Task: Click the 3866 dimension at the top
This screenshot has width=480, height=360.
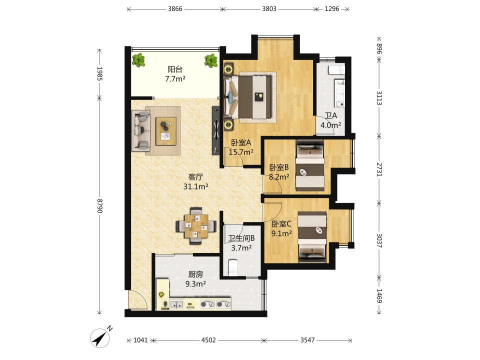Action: (175, 9)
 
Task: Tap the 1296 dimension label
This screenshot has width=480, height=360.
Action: (332, 9)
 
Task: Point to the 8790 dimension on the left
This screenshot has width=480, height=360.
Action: (99, 206)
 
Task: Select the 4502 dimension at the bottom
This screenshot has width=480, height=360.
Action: (208, 340)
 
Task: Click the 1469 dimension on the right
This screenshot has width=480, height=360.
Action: (379, 295)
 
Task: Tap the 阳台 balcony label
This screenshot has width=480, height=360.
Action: (175, 69)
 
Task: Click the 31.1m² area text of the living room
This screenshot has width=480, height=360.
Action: (196, 186)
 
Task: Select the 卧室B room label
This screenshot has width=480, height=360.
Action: (279, 167)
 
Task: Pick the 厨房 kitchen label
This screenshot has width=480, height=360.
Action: (195, 274)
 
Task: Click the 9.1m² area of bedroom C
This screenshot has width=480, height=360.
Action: (281, 233)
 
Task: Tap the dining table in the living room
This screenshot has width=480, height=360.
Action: (196, 226)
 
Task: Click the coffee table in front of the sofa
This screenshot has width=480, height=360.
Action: (166, 131)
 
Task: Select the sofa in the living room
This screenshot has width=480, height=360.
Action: (141, 130)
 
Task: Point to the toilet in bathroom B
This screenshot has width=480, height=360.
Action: (233, 267)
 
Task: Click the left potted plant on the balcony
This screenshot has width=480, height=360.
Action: (139, 60)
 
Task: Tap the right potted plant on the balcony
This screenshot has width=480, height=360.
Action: (211, 60)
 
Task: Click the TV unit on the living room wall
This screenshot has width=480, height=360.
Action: (216, 130)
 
